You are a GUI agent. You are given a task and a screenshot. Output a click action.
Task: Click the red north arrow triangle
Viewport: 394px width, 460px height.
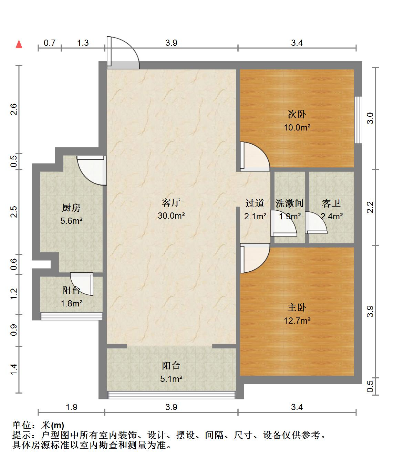point(19,44)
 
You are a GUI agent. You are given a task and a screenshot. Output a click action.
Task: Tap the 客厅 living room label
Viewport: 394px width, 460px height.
point(171,203)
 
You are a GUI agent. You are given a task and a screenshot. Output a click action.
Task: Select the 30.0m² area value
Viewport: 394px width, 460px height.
point(171,216)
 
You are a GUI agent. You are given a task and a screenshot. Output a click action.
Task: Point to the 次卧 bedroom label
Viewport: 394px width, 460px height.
point(297,114)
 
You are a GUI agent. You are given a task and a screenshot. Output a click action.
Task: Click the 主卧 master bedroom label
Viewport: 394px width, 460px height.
point(297,307)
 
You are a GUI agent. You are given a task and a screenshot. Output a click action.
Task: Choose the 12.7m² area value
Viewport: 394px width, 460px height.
point(297,321)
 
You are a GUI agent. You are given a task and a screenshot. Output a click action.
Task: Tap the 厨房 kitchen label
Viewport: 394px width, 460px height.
point(71,208)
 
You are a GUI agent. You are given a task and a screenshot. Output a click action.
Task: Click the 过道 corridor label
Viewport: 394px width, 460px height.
point(255,203)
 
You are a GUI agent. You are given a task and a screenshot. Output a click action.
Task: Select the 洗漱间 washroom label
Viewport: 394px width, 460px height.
point(289,203)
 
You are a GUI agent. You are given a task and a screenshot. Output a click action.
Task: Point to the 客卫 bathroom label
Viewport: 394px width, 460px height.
point(331,203)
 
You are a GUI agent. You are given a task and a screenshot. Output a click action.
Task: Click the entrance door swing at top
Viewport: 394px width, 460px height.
point(123,53)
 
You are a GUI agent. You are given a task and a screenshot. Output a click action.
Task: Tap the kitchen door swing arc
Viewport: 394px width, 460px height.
point(92,170)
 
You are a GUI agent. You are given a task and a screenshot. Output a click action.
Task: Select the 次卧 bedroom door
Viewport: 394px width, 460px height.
point(255,157)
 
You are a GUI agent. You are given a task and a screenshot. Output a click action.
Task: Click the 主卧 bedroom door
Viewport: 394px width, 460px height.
point(255,258)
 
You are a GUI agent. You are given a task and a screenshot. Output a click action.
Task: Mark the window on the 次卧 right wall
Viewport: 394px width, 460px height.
point(358,120)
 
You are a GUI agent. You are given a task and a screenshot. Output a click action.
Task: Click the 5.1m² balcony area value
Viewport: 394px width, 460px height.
point(171,379)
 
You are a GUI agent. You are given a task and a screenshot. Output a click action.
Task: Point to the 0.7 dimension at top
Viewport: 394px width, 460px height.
point(49,43)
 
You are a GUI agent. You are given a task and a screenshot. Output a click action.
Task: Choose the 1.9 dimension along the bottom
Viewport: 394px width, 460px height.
point(71,407)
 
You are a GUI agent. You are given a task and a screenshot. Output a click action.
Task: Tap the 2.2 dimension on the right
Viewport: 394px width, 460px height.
point(370,207)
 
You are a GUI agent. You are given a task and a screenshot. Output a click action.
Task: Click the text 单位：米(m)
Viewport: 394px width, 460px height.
point(38,425)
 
